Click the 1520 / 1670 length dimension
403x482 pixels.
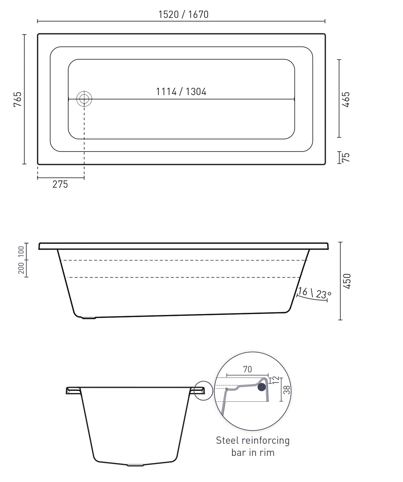[x=183, y=15]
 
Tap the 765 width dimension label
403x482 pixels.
[x=18, y=99]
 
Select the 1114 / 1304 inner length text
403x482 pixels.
[x=181, y=92]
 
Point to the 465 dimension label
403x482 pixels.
[x=346, y=99]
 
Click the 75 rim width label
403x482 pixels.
[x=346, y=157]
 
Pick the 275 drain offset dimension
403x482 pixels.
[x=60, y=184]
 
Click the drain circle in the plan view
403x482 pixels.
[x=84, y=99]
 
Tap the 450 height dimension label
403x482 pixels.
[x=347, y=281]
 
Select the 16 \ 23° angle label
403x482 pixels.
[x=314, y=293]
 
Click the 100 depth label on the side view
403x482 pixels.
[x=21, y=252]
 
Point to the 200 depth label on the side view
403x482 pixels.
[x=21, y=268]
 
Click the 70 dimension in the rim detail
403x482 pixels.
[x=248, y=369]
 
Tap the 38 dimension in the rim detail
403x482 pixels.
[x=286, y=390]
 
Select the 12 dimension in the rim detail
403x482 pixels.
[x=276, y=380]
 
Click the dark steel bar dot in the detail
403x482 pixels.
[x=261, y=387]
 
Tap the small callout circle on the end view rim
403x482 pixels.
[x=203, y=391]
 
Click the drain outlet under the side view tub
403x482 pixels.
[x=89, y=318]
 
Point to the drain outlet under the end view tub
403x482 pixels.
[x=135, y=465]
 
